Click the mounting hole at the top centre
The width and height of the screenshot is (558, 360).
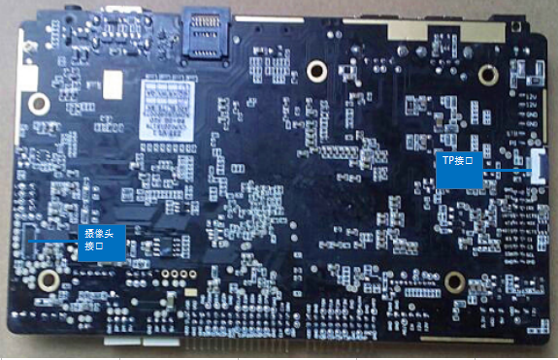point(314,70)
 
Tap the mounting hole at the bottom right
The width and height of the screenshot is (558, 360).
point(453,282)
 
